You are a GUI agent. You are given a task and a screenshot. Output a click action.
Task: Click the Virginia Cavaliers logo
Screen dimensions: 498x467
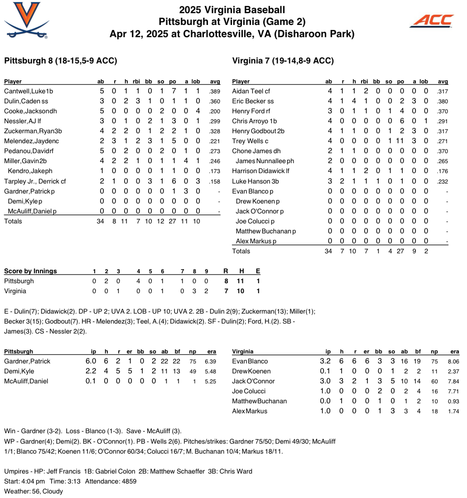[26, 20]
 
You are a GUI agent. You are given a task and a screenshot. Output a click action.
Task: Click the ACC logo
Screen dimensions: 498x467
[431, 20]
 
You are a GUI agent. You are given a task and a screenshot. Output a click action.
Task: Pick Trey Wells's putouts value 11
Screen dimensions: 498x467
[400, 141]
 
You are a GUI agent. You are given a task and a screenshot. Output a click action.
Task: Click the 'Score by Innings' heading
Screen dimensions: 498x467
[30, 271]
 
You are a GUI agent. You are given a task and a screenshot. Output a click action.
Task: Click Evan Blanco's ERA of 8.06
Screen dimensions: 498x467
[453, 362]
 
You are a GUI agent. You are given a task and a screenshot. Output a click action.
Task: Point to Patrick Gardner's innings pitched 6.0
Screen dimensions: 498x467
[91, 362]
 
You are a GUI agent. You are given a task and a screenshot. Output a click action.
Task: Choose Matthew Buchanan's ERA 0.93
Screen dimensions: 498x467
[453, 401]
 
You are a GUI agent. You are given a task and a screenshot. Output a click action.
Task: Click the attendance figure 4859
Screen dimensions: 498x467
[126, 482]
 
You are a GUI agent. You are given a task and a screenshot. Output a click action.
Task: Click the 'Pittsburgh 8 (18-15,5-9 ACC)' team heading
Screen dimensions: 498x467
[60, 61]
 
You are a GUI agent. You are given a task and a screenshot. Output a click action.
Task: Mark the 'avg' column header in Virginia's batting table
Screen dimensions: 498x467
[443, 82]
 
